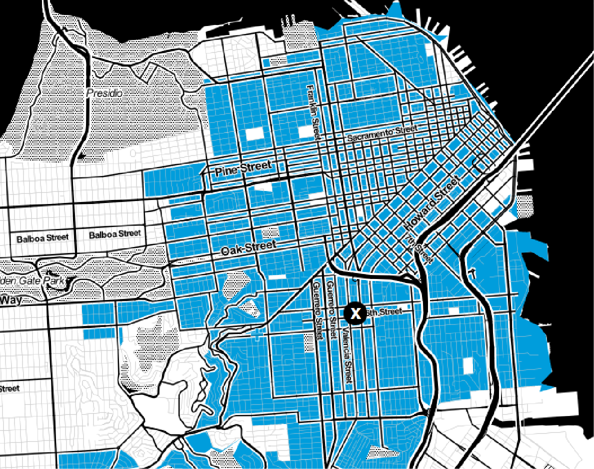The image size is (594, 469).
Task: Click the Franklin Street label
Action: pyautogui.click(x=313, y=112)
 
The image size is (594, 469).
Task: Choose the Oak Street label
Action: pyautogui.click(x=248, y=247)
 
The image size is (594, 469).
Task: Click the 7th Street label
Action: pyautogui.click(x=418, y=249)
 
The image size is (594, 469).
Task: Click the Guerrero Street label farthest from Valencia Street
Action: pyautogui.click(x=316, y=310)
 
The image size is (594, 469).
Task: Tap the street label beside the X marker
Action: pyautogui.click(x=384, y=312)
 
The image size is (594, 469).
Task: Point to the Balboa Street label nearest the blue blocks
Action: pyautogui.click(x=114, y=234)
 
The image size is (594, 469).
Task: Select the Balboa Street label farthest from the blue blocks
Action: pyautogui.click(x=42, y=238)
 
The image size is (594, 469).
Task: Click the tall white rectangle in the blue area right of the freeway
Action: pyautogui.click(x=467, y=365)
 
